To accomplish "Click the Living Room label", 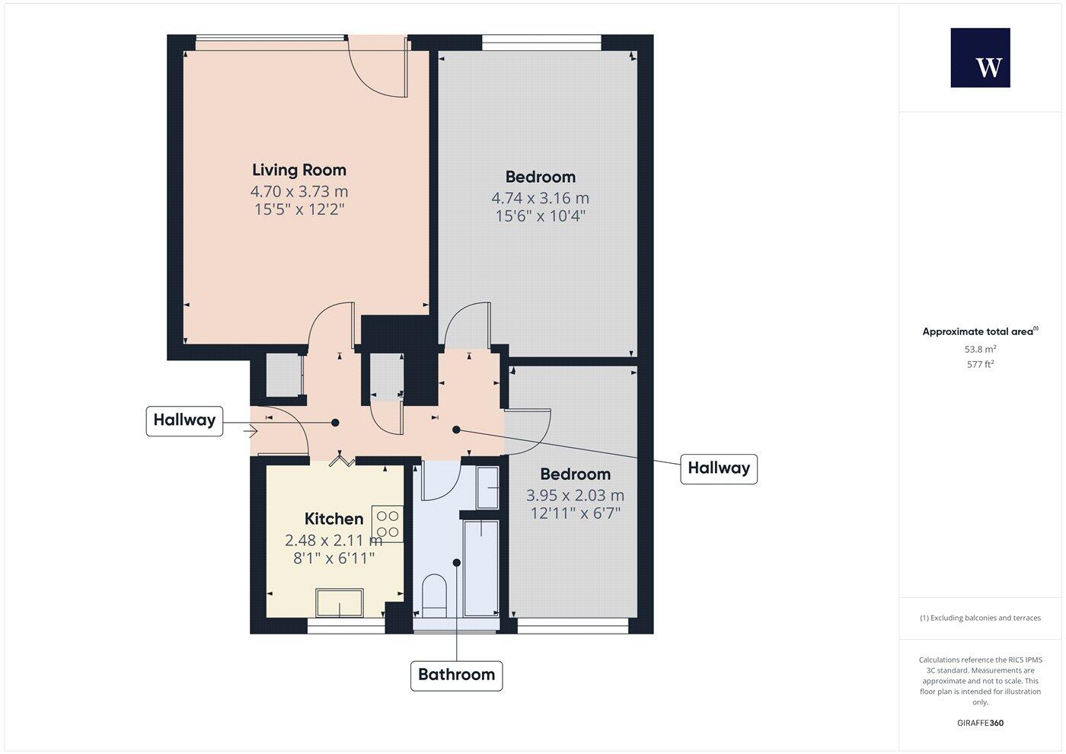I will tap(298, 170).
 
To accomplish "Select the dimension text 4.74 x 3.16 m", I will tap(540, 198).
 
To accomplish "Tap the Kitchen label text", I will tap(334, 519).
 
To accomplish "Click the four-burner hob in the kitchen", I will tap(388, 523).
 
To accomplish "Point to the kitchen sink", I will tap(340, 602).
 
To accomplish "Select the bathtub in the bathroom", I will tap(481, 567).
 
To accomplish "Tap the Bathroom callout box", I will tap(456, 675).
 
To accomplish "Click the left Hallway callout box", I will tap(184, 420).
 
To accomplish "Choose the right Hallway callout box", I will tap(718, 468).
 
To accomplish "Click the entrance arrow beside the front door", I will tap(251, 432).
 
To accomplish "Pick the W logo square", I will tap(980, 58).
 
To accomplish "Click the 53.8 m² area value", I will tap(980, 350).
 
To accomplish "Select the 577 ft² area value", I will tap(980, 365).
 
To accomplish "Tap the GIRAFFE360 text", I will tap(980, 723).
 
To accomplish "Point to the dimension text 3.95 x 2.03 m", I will tap(575, 495).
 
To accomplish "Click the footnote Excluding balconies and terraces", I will tap(980, 618).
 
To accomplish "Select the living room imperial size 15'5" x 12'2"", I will tap(299, 209).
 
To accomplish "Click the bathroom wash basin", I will tap(487, 487).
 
